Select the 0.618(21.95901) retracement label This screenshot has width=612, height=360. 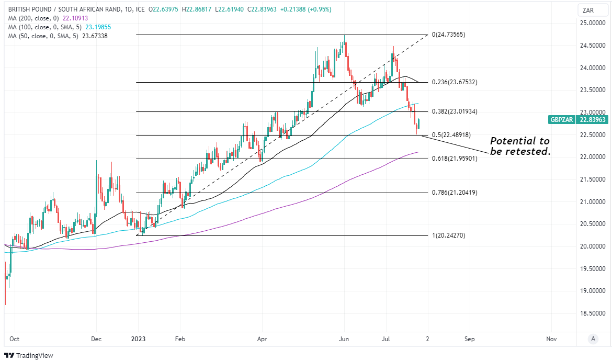coord(455,158)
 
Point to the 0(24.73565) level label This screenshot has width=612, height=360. coord(448,35)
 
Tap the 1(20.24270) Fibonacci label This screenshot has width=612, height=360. coord(448,235)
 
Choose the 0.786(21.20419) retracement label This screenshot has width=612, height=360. coord(455,193)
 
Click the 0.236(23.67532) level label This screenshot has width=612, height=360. coord(455,82)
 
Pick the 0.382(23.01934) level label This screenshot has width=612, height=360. coord(455,111)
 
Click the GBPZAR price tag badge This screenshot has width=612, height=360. coord(578,119)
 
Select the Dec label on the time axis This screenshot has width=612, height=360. coord(96,339)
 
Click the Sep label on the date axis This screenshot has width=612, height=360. coord(469,339)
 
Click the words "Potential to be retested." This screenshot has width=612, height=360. coord(520,146)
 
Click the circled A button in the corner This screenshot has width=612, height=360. coord(592,339)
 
